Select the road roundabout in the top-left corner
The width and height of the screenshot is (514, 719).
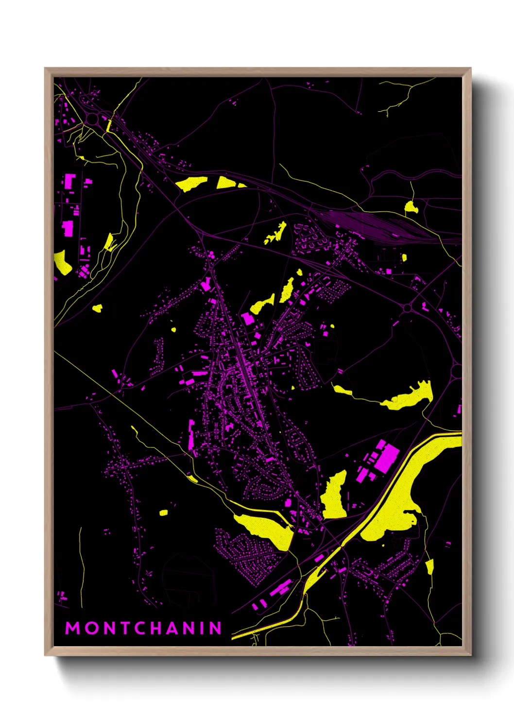(x=92, y=119)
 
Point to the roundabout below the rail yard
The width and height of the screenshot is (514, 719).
(x=407, y=308)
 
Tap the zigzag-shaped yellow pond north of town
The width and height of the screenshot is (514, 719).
(x=276, y=234)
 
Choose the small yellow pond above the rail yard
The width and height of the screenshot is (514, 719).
(x=411, y=207)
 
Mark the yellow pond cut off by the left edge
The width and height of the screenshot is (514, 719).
(x=62, y=262)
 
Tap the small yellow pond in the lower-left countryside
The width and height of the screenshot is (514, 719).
(x=163, y=513)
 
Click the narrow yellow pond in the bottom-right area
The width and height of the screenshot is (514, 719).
(x=429, y=566)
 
